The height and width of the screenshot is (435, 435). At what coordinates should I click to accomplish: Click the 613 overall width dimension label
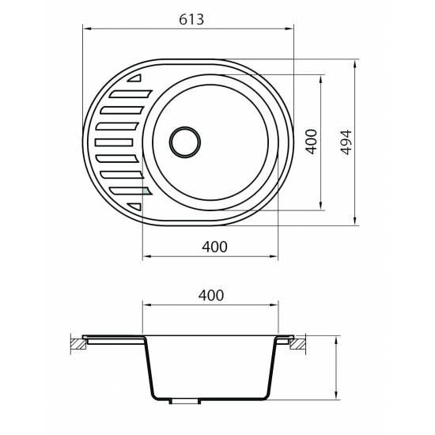point(191,20)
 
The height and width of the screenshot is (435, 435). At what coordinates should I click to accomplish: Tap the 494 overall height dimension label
point(346,142)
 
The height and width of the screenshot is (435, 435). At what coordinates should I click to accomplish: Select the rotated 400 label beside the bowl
point(312,142)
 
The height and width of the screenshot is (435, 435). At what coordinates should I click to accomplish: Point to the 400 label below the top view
point(214,247)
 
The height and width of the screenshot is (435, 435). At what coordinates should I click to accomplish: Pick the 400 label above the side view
point(211,296)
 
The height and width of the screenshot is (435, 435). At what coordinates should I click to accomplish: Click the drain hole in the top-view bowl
point(185,142)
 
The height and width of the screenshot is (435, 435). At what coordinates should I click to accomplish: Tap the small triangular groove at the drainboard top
point(135,78)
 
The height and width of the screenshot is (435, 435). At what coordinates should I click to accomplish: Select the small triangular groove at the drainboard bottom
point(135,206)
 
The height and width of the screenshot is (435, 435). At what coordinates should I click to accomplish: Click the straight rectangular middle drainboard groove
point(114,142)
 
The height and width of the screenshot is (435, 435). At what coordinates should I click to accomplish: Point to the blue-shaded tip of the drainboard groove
point(146,191)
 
